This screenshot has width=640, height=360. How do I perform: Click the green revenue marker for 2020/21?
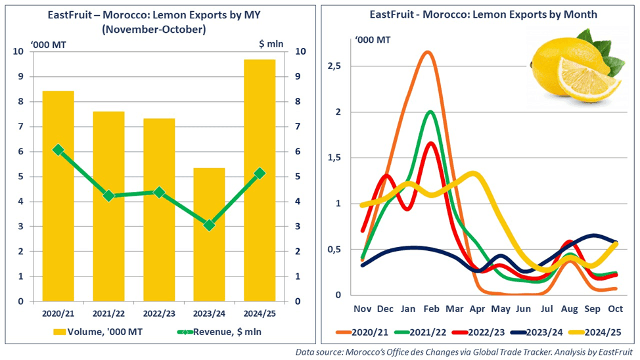tap(58, 150)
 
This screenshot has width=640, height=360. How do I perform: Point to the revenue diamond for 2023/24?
tap(209, 225)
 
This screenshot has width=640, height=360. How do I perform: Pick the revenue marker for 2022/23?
tap(159, 192)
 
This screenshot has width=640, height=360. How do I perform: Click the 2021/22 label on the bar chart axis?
tap(108, 313)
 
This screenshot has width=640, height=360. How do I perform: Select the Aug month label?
tap(569, 308)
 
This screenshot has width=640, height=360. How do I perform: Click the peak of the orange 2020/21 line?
tap(427, 51)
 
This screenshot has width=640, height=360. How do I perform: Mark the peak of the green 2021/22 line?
tap(430, 112)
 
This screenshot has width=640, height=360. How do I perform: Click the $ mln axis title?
tap(271, 45)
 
